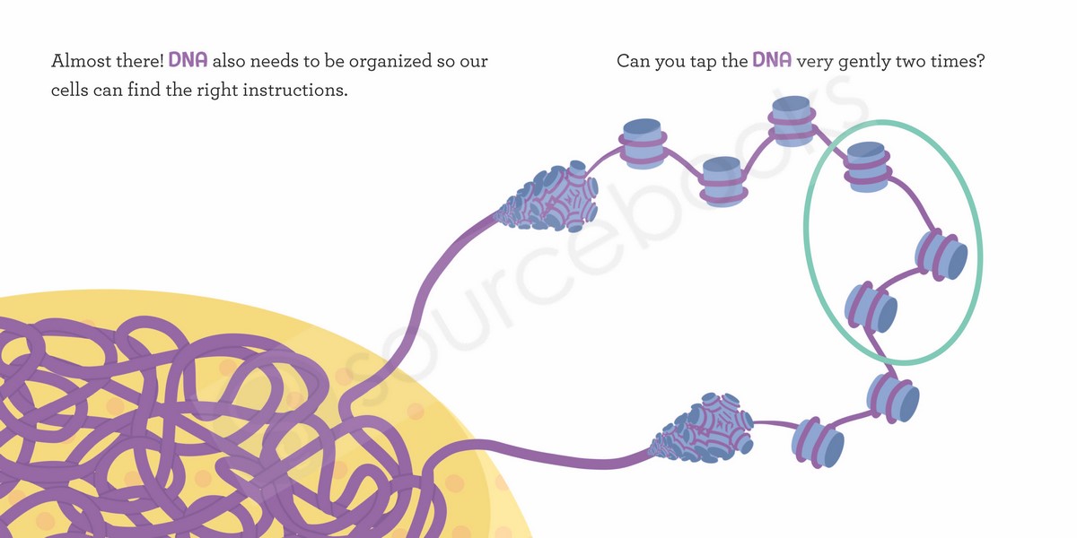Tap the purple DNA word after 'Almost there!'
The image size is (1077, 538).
point(188,60)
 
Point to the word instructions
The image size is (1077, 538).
point(295,90)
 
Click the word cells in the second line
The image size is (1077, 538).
point(70,90)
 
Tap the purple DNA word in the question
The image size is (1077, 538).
point(772,60)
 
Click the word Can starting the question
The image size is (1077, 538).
point(633,61)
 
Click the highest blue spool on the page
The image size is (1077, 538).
point(792,121)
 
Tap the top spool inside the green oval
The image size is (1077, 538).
point(867,167)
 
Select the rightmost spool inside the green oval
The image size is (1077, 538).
point(941,256)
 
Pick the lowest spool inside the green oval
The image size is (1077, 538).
point(871,308)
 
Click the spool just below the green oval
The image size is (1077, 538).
point(893,399)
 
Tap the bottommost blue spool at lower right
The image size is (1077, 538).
point(818,443)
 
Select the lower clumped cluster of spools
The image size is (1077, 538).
point(702,429)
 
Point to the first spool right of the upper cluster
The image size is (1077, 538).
point(643,143)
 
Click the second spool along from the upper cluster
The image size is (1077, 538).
point(722,182)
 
